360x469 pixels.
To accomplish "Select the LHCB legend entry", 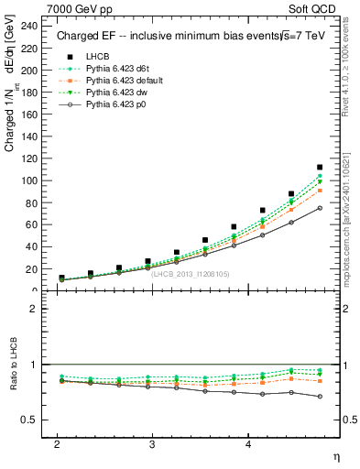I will point(97,57).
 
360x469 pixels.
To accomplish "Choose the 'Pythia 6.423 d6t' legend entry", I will point(120,69).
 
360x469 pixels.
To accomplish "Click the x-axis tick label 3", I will point(152,443).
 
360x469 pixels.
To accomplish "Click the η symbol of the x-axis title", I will point(336,457).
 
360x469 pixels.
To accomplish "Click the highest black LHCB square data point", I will point(320,168).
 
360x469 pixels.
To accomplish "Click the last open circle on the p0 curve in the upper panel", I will point(320,208).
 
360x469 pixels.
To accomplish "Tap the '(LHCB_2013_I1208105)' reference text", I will point(190,273).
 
